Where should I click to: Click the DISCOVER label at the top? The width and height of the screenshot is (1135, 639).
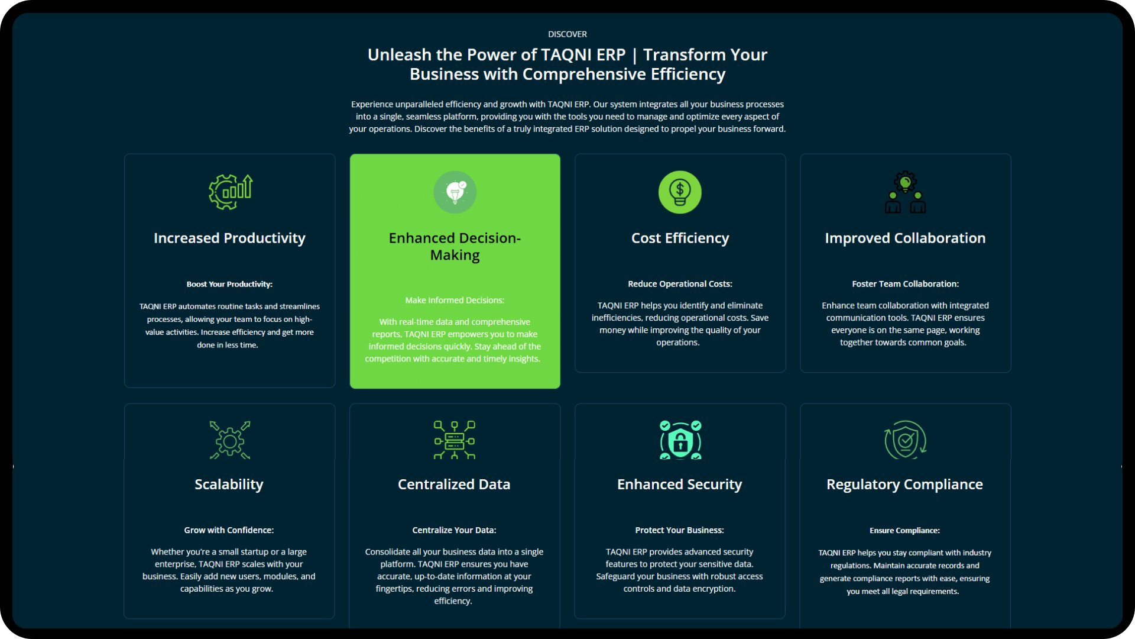(x=567, y=34)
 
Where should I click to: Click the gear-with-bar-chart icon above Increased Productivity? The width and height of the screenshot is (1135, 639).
(x=231, y=192)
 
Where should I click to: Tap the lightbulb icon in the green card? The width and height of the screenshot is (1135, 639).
(x=455, y=192)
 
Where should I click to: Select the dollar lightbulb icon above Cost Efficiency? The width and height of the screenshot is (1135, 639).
(x=680, y=192)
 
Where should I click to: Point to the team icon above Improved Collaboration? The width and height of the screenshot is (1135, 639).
(x=905, y=192)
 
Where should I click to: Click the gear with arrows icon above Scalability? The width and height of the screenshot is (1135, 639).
(x=230, y=440)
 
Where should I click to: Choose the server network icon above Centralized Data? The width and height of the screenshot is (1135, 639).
(x=455, y=440)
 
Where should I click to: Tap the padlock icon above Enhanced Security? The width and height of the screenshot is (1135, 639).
(x=680, y=440)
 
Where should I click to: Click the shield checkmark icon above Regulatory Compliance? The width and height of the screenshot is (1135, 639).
(x=905, y=440)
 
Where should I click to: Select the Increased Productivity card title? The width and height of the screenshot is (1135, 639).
(x=229, y=238)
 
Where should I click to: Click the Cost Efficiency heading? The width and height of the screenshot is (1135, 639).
(x=680, y=238)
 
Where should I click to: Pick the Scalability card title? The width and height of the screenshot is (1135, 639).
(x=229, y=485)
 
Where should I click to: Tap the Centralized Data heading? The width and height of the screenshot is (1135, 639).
(x=454, y=485)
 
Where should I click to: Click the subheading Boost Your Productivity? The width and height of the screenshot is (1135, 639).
(x=229, y=285)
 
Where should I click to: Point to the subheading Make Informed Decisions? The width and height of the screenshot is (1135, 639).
(x=455, y=301)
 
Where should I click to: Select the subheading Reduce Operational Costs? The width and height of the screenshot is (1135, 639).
(x=680, y=284)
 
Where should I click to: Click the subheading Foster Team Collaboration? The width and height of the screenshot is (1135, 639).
(x=905, y=284)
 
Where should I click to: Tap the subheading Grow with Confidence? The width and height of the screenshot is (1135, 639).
(x=229, y=530)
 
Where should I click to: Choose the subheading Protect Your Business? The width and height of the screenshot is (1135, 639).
(x=679, y=530)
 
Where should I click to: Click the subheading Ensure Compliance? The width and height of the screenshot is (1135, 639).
(x=904, y=531)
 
